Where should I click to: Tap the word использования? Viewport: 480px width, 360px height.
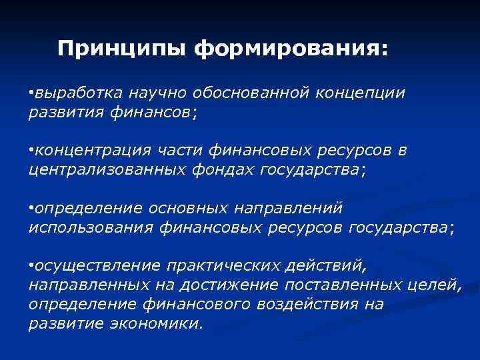(91, 228)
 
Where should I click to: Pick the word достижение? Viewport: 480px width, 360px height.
(232, 286)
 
